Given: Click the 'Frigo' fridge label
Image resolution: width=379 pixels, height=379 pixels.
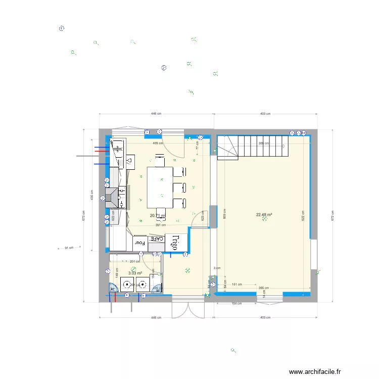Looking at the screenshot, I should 173,243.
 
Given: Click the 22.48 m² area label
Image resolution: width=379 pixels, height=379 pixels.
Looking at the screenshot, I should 264,215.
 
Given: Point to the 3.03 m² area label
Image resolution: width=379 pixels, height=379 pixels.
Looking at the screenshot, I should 134,273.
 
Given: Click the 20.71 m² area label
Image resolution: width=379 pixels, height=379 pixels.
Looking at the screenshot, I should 157,216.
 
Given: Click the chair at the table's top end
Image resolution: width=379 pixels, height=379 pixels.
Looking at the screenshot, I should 160,161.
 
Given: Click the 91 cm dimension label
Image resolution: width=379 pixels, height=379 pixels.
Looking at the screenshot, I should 69,248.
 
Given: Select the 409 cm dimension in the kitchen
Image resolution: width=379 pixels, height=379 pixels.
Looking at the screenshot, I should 158,143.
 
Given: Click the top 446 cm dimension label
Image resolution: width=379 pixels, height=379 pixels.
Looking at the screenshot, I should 156,114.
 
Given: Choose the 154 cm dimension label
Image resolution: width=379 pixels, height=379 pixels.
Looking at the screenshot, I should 236,304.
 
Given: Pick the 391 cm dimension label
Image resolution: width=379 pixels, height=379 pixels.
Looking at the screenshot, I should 160,225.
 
